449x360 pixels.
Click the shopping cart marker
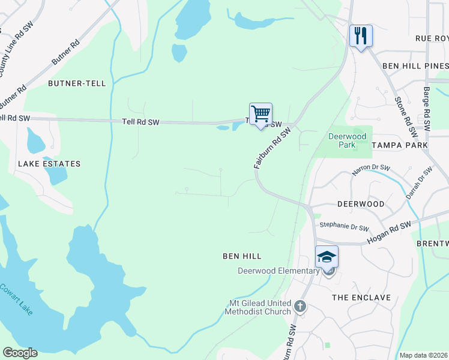(x=261, y=113)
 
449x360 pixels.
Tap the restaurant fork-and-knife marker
(x=361, y=35)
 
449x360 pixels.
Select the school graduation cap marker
(x=327, y=257)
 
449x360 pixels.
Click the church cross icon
(x=301, y=308)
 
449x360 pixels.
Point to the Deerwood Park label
(x=347, y=140)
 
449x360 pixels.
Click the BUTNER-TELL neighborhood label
(x=77, y=83)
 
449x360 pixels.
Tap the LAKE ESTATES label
(x=49, y=163)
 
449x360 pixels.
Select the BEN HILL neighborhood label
(x=242, y=256)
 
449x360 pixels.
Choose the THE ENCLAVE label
(x=361, y=298)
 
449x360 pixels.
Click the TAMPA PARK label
(x=399, y=145)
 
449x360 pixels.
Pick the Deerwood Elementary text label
(x=279, y=271)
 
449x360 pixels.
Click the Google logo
(x=20, y=353)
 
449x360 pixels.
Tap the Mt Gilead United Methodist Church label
(x=258, y=307)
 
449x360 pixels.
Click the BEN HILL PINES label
(x=415, y=65)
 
